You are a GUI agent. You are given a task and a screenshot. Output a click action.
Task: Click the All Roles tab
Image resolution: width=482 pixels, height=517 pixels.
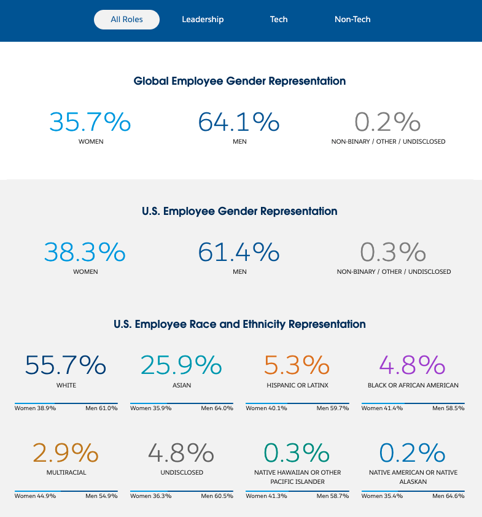[126, 20]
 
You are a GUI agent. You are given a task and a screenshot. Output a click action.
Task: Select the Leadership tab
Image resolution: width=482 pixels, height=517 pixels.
[203, 20]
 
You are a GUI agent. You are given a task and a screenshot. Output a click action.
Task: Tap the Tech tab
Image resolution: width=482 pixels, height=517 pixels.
[279, 20]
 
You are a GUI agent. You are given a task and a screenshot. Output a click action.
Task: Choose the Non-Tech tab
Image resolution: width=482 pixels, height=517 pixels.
[352, 20]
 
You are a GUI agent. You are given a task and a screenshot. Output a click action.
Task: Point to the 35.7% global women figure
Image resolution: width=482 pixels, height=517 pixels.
[90, 122]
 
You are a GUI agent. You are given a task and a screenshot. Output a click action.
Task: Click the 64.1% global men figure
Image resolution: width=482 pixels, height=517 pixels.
[239, 122]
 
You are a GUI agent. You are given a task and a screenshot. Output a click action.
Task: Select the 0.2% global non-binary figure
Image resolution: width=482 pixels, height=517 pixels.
[387, 122]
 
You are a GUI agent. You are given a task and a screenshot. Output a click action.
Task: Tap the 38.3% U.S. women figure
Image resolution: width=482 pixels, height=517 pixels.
[85, 252]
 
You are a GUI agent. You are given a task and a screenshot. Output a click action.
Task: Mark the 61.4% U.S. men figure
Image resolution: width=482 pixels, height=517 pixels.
[239, 252]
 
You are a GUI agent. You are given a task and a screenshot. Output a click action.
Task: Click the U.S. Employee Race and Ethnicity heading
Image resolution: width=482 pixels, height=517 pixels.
[239, 324]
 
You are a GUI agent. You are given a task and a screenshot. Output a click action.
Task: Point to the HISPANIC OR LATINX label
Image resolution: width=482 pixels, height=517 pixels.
[297, 386]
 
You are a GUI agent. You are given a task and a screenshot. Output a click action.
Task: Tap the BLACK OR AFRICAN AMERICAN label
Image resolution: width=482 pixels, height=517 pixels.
[413, 386]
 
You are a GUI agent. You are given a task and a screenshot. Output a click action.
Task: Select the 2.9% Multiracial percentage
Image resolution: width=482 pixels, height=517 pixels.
[66, 453]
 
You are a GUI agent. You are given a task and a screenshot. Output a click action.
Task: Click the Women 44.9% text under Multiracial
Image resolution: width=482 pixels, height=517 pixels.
[36, 496]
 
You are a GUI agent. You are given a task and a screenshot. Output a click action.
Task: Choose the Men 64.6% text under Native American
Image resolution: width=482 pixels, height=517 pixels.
[448, 496]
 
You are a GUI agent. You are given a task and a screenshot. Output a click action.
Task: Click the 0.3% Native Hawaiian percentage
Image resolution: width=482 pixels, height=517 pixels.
[297, 453]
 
